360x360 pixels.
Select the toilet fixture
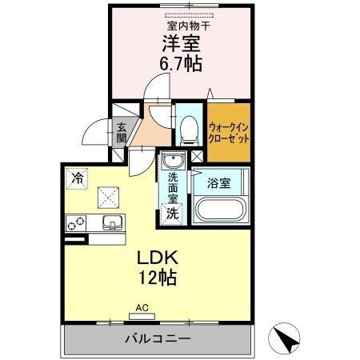[x=189, y=126]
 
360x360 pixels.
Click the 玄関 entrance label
[x=122, y=131]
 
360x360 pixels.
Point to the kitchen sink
[x=111, y=222]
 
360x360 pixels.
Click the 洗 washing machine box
[x=171, y=213]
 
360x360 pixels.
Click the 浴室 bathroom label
[x=219, y=183]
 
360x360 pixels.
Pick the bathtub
[x=218, y=212]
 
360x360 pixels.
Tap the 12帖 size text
[x=156, y=279]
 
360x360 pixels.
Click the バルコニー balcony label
[x=157, y=339]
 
